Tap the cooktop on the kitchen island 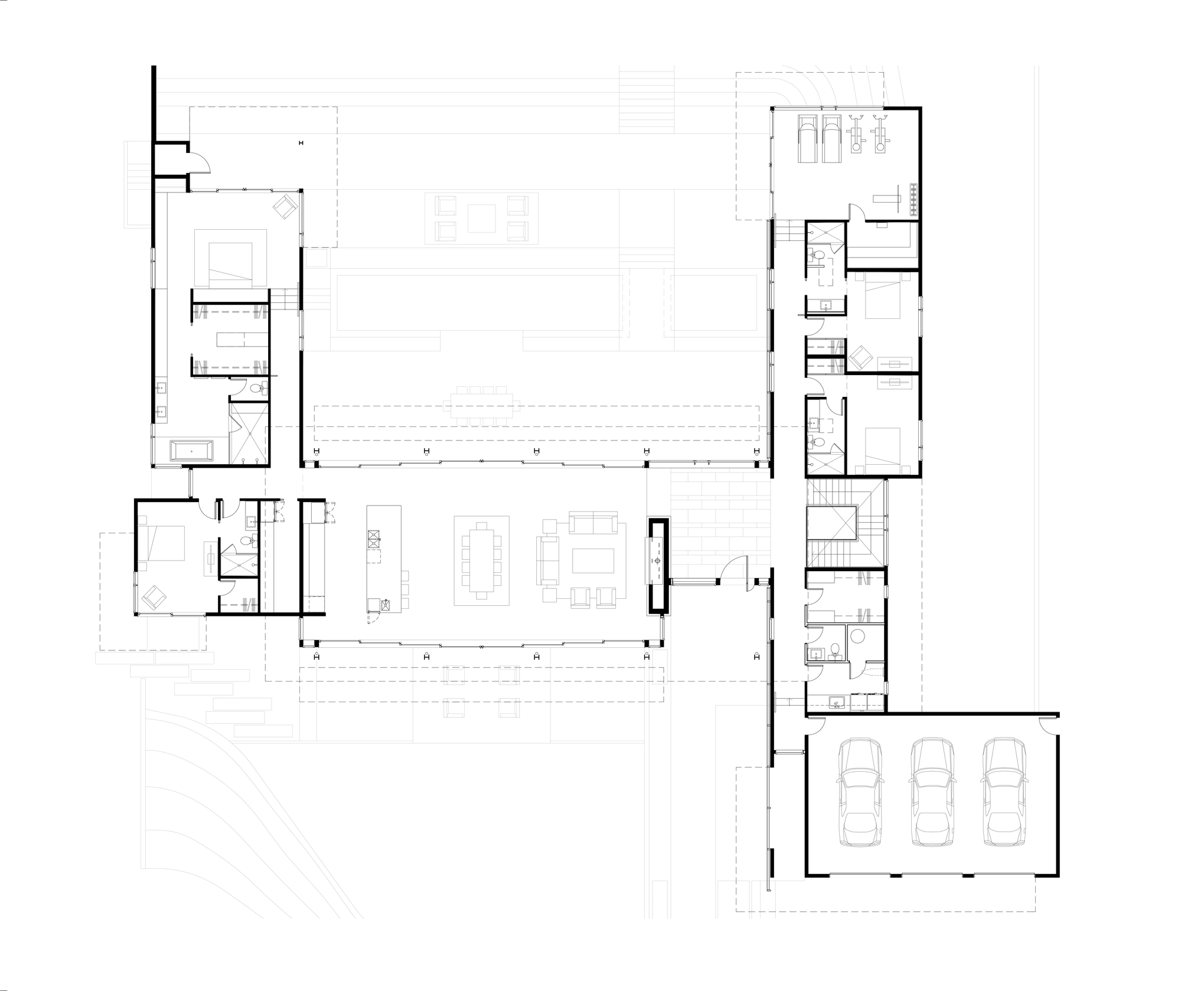pos(373,537)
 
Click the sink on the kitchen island pos(387,604)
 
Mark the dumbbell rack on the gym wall pos(914,199)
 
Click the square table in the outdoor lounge pos(481,219)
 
